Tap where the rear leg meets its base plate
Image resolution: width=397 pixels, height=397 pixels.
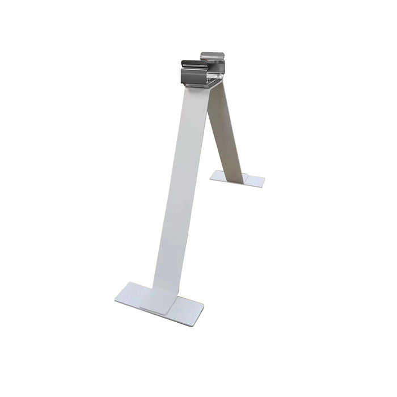coord(239,170)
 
